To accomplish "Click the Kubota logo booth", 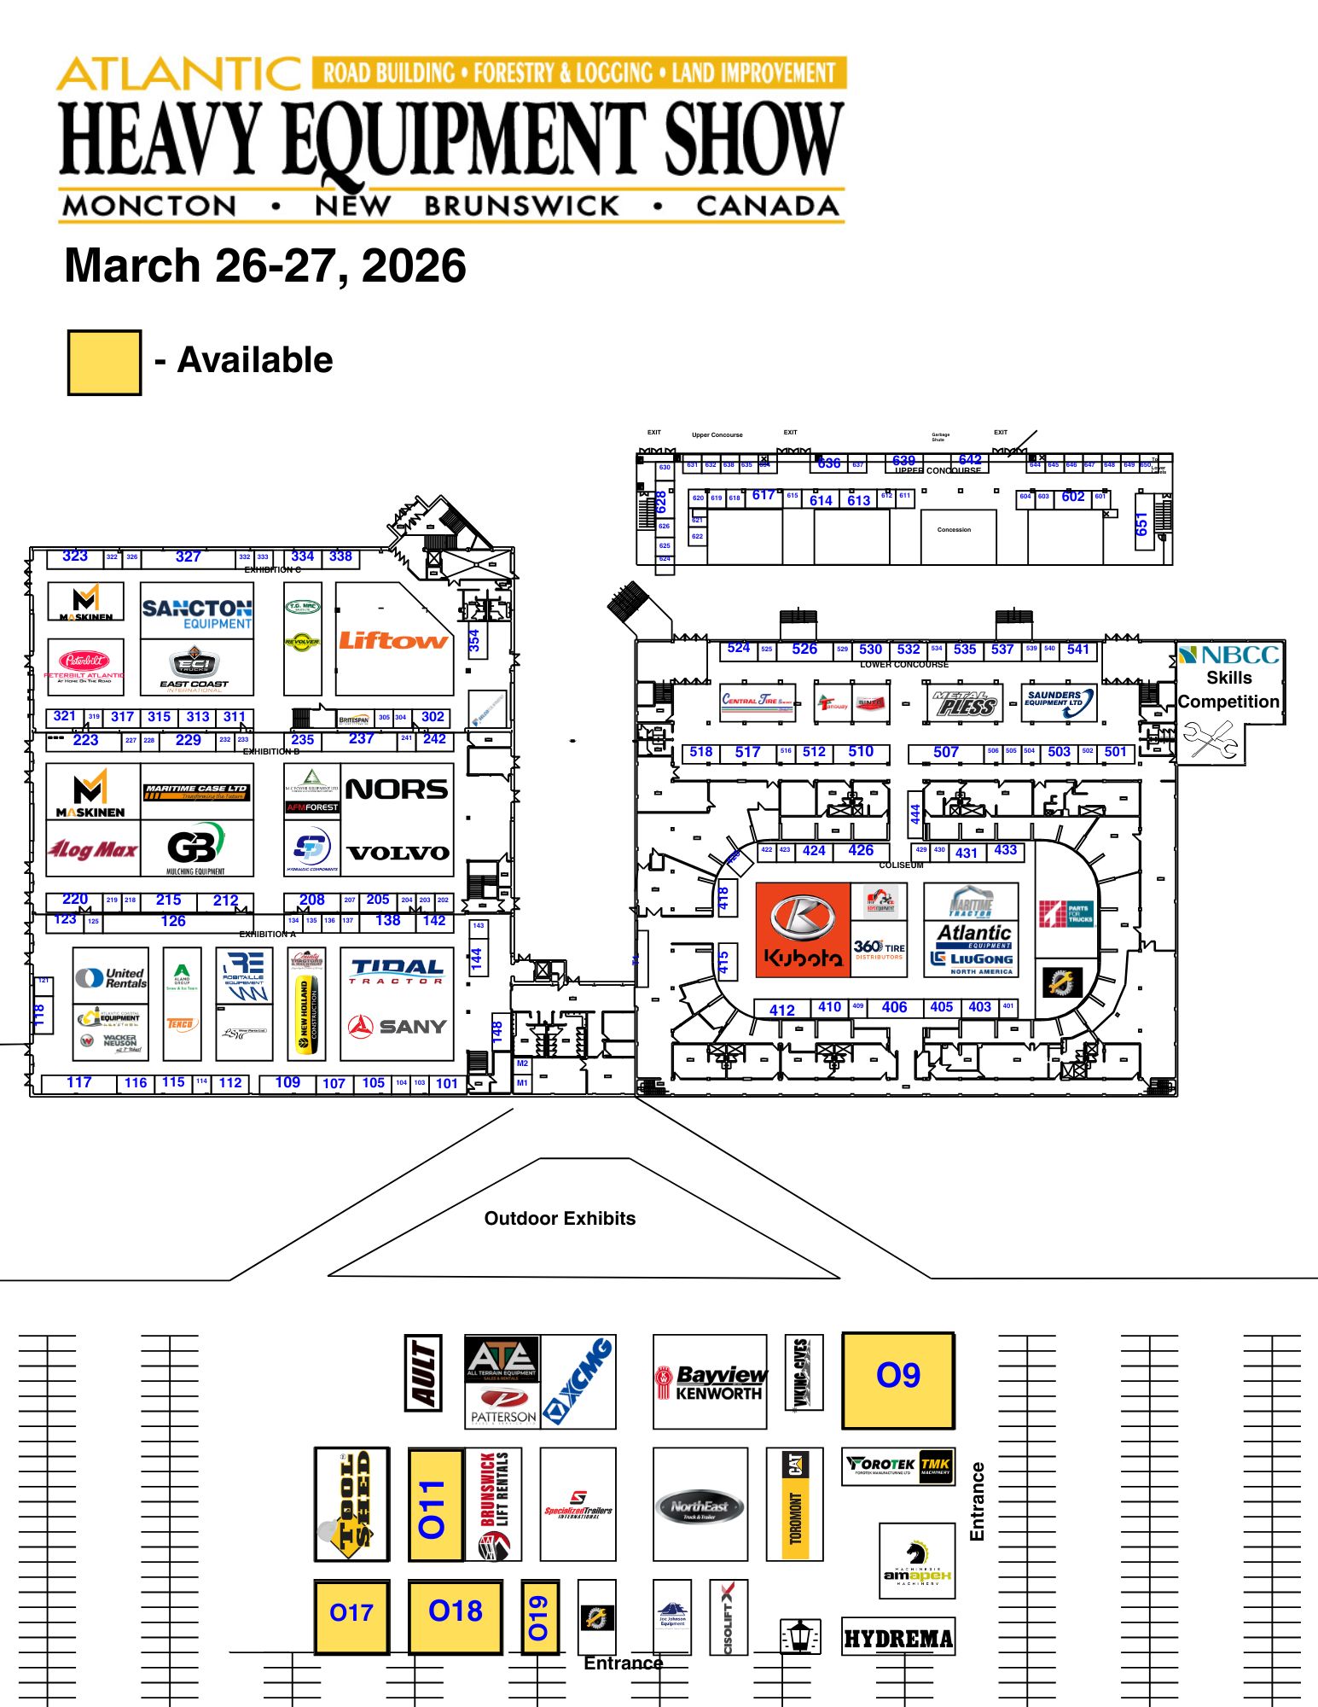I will click(x=803, y=930).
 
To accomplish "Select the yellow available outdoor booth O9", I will click(x=898, y=1380).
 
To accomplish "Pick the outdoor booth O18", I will click(x=456, y=1615).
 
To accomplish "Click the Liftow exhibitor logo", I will click(x=393, y=640).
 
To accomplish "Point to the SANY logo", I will click(x=398, y=1026).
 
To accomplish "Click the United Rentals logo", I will click(x=111, y=977).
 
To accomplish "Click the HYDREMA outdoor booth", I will click(x=898, y=1638).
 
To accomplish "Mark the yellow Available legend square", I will click(x=104, y=363).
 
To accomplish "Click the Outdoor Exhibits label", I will click(x=560, y=1218).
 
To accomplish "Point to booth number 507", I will click(x=945, y=752).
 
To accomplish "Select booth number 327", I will click(x=188, y=557).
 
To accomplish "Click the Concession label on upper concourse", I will click(x=954, y=530).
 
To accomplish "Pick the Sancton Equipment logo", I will click(x=197, y=613).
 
